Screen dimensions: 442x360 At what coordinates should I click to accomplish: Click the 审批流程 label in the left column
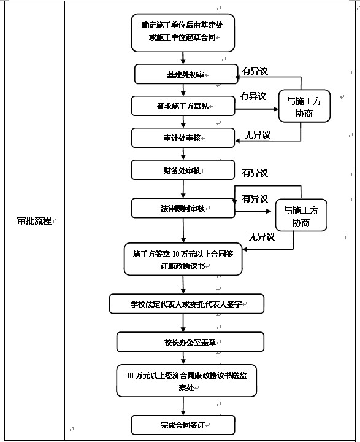(x=34, y=221)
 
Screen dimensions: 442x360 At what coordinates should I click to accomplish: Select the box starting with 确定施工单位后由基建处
(x=183, y=32)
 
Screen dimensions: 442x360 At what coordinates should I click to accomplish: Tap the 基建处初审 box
(x=185, y=74)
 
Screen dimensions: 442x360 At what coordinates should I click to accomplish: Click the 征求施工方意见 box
(x=183, y=106)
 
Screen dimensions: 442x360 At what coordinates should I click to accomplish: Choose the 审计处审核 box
(x=183, y=138)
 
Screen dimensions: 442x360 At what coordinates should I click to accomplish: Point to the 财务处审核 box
(x=183, y=170)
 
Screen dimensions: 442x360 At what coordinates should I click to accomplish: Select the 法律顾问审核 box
(x=183, y=208)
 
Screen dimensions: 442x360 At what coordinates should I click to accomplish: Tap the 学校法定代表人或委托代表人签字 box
(x=186, y=303)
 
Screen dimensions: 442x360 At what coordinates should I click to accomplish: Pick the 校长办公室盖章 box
(x=190, y=342)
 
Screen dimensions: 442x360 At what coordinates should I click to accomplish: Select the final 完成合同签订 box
(x=183, y=424)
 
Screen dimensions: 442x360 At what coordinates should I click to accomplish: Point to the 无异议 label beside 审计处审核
(x=257, y=135)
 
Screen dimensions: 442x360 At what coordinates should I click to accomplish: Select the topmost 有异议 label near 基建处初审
(x=255, y=71)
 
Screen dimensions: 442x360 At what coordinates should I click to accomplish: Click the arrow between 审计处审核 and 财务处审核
(x=183, y=153)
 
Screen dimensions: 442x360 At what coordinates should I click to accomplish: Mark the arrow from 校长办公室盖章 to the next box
(x=183, y=358)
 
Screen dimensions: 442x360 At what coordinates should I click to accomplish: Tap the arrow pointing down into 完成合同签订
(x=183, y=405)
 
